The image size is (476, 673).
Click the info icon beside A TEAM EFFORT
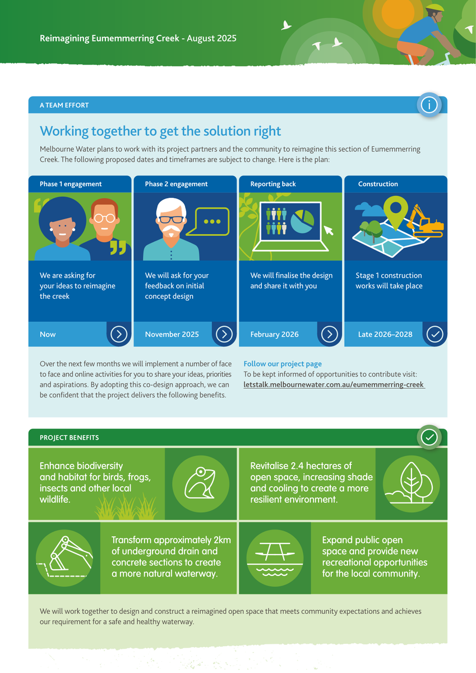click(429, 105)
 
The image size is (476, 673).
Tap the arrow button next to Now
click(119, 334)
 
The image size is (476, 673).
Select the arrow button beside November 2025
click(224, 334)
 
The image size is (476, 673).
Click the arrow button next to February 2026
click(330, 334)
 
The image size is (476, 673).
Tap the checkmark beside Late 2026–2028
click(435, 334)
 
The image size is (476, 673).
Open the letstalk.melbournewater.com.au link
click(334, 385)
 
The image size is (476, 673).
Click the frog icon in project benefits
click(200, 483)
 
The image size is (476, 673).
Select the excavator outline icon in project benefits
click(64, 557)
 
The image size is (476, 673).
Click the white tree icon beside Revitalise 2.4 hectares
click(411, 483)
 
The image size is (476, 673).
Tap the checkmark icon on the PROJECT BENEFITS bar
click(429, 437)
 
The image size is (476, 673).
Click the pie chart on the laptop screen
click(302, 222)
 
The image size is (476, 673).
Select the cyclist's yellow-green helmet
click(435, 8)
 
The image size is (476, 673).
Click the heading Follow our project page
click(283, 364)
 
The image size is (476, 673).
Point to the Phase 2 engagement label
click(176, 184)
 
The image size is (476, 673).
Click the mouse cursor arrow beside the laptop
click(328, 231)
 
